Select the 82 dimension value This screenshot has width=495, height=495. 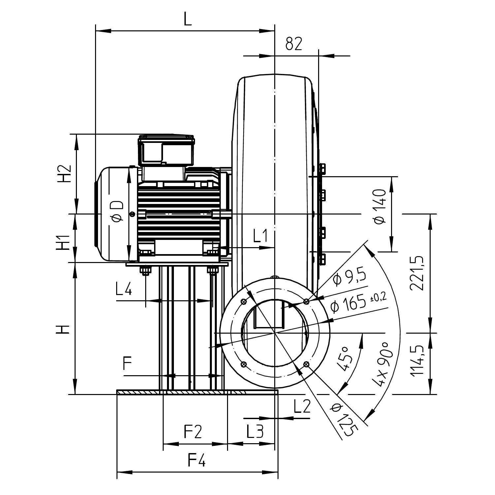pos(294,44)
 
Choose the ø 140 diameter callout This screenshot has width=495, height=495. pos(380,207)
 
